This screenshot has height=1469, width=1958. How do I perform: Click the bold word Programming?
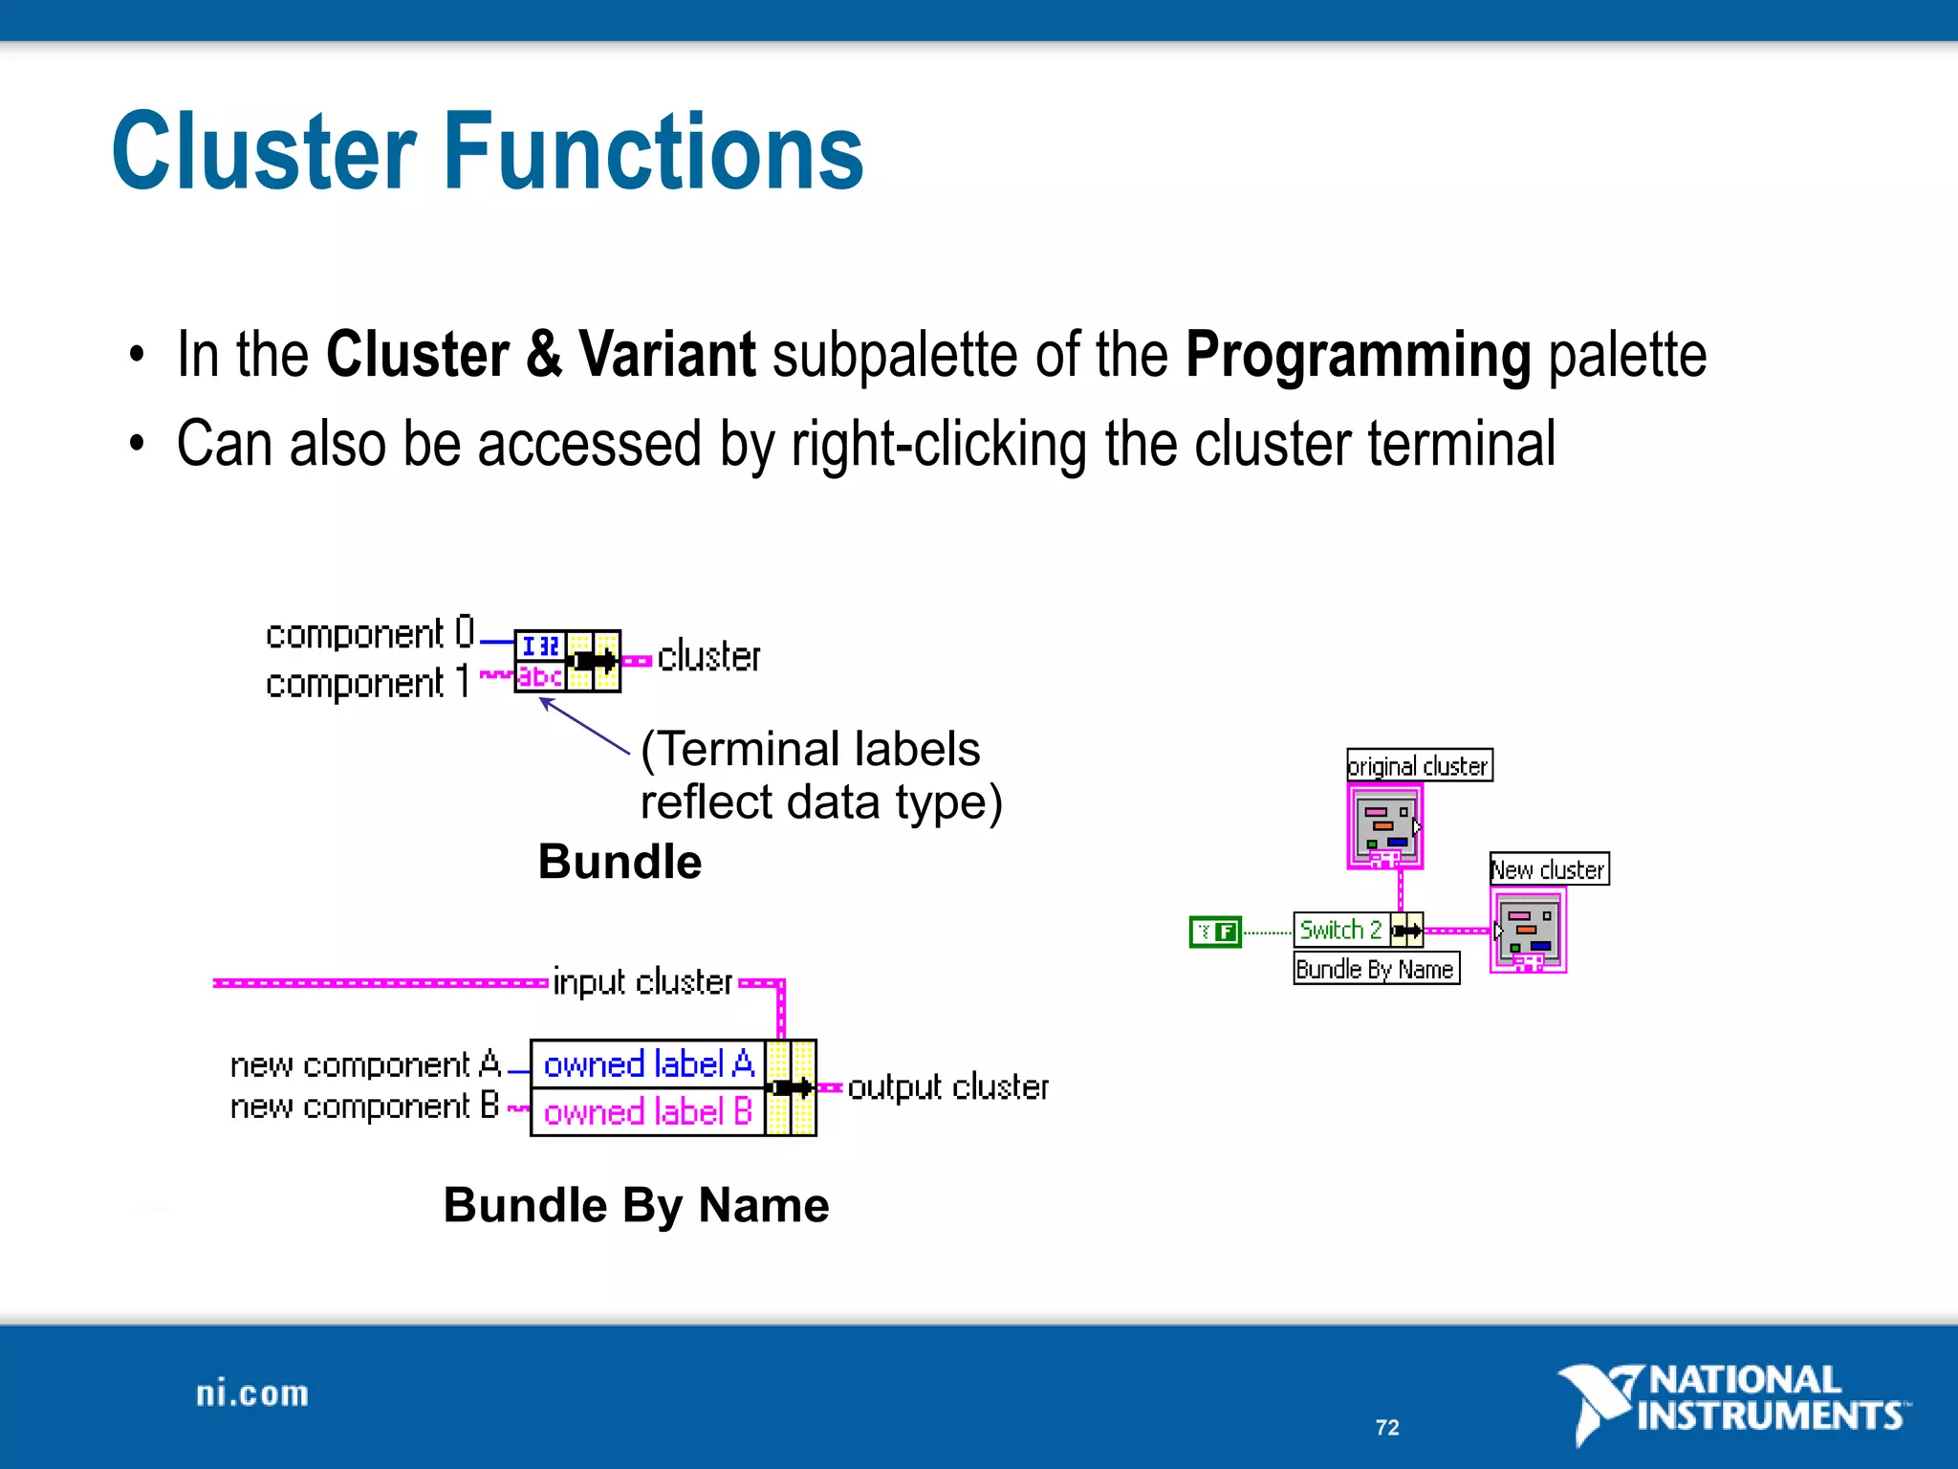[x=1358, y=355]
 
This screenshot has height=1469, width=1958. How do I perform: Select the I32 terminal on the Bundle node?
[x=540, y=646]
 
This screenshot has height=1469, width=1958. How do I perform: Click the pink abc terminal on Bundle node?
[x=540, y=677]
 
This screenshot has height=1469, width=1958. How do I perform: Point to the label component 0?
[x=369, y=634]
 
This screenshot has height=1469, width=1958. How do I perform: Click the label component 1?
[x=367, y=683]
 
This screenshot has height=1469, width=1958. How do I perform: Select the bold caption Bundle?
[x=620, y=862]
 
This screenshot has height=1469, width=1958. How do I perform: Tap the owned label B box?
[x=648, y=1112]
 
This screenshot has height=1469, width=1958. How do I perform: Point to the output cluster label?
[x=947, y=1087]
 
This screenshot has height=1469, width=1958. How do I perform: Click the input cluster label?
[x=642, y=982]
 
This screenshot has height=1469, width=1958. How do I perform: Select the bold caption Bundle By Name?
[x=636, y=1205]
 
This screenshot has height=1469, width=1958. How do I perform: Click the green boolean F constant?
[x=1215, y=931]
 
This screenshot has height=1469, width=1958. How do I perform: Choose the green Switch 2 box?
[x=1340, y=930]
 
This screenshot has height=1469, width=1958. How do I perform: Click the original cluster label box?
[x=1419, y=766]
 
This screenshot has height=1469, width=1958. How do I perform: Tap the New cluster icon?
[x=1528, y=931]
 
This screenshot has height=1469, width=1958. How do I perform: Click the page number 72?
[x=1387, y=1428]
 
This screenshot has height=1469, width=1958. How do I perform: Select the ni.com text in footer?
[x=252, y=1394]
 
